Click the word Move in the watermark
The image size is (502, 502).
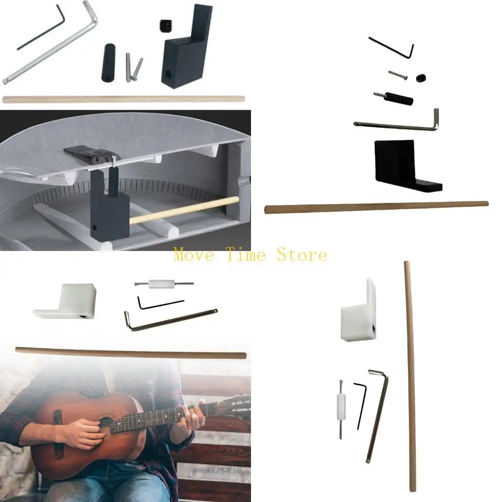tap(194, 255)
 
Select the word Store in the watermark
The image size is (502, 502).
tap(302, 255)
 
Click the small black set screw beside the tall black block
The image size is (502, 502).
tap(165, 24)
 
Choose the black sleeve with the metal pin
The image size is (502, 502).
tap(393, 97)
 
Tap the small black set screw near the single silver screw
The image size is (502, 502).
tap(421, 78)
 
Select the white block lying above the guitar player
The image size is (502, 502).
tap(65, 301)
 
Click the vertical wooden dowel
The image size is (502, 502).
tap(410, 376)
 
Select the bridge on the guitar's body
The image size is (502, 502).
tap(58, 434)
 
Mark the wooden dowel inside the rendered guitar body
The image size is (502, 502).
tap(184, 210)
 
